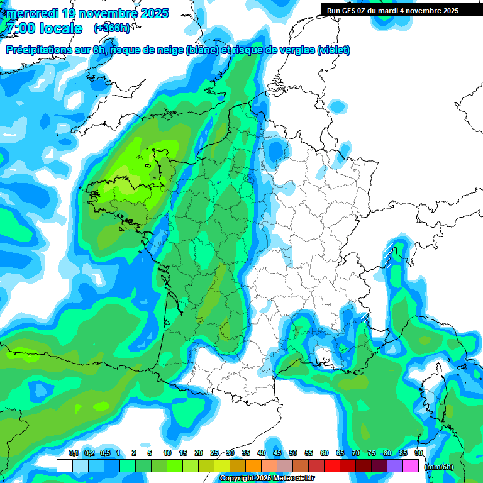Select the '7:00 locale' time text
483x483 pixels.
43,28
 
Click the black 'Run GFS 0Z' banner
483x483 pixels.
392,11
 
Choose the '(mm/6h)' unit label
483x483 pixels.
439,467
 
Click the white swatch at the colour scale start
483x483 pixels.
64,466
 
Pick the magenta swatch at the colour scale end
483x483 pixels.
411,466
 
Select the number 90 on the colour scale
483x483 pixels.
419,453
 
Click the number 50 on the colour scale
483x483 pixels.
293,453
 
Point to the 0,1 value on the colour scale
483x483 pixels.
73,453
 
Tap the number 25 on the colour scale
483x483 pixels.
214,453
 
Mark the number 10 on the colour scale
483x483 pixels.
167,453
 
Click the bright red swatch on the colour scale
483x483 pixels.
332,466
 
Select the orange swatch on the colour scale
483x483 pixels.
253,466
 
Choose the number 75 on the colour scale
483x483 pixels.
372,453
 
